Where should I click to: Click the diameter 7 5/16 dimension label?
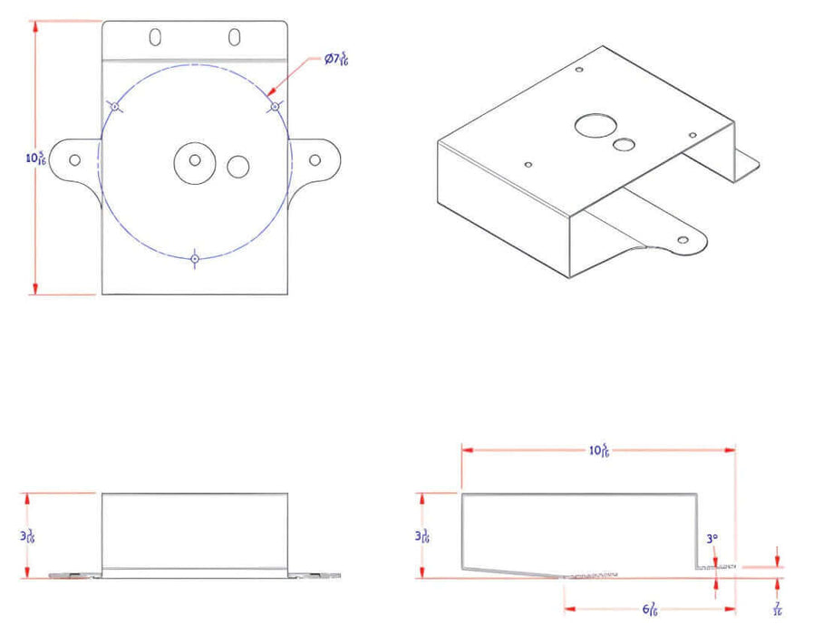[x=336, y=60]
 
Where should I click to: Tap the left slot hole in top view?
[x=155, y=37]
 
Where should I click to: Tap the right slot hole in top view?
[x=235, y=37]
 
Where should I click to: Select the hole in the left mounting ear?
[x=74, y=160]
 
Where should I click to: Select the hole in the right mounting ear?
[x=315, y=160]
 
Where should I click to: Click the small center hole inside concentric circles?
[x=195, y=160]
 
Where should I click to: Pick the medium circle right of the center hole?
[x=237, y=167]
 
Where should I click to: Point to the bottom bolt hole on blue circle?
[x=194, y=260]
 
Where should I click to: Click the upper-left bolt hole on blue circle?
[x=115, y=107]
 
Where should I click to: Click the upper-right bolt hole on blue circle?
[x=274, y=107]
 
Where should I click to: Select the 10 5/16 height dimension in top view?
[x=36, y=158]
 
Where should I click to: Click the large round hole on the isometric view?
[x=594, y=125]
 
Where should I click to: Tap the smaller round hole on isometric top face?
[x=623, y=144]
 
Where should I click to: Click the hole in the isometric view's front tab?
[x=683, y=240]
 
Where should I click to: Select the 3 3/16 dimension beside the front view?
[x=29, y=534]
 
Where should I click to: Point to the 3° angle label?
[x=712, y=539]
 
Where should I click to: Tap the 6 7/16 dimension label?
[x=650, y=610]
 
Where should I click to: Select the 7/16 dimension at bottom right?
[x=778, y=609]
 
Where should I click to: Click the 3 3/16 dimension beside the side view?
[x=421, y=534]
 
